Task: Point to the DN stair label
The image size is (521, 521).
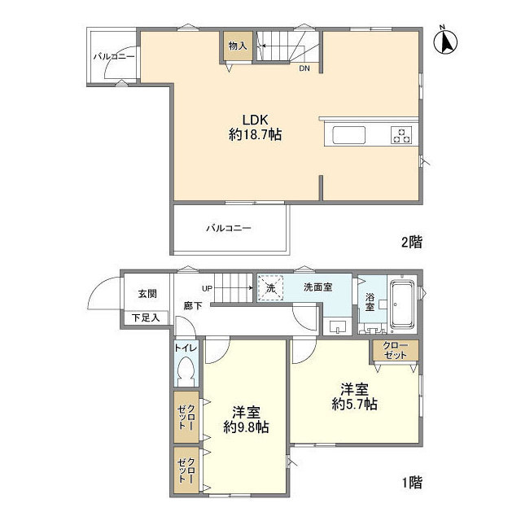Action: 304,68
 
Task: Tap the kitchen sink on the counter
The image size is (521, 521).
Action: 350,135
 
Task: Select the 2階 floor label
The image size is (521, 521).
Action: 411,242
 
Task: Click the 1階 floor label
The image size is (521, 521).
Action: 411,482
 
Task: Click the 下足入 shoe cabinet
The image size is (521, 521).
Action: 147,317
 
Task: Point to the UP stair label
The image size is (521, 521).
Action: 207,287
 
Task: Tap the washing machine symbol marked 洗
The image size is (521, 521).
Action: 270,287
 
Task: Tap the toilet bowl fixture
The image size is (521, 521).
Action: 185,376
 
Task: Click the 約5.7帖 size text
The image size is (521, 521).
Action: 353,403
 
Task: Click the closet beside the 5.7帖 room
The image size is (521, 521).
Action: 396,351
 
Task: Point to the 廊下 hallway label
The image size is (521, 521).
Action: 191,305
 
